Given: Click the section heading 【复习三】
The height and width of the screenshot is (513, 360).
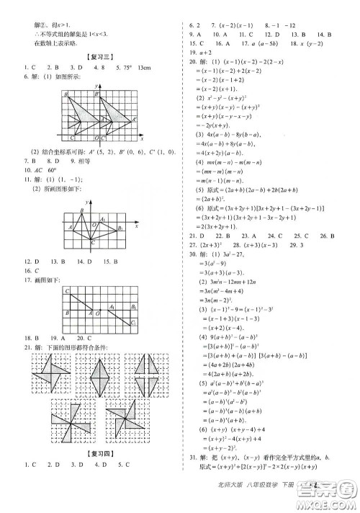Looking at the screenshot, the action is pyautogui.click(x=95, y=56).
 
